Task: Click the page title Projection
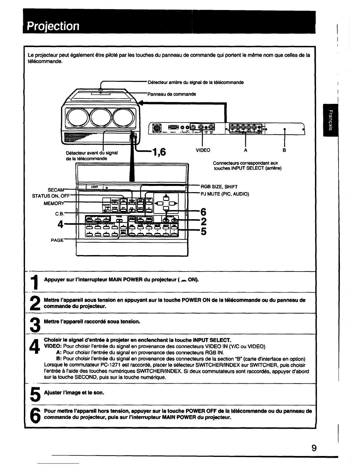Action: click(53, 26)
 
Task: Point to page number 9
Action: click(314, 448)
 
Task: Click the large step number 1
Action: click(35, 282)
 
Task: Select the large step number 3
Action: click(35, 324)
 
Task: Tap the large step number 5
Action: click(35, 394)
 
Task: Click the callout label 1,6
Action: click(158, 152)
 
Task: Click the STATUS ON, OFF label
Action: click(50, 196)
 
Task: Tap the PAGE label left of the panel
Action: click(57, 240)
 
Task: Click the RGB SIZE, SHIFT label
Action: click(219, 187)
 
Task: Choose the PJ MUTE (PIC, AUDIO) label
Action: click(225, 194)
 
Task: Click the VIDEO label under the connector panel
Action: click(203, 150)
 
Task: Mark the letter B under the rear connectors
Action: click(284, 150)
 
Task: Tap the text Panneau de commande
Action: click(171, 94)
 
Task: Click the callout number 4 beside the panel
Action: click(60, 224)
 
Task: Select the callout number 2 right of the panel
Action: click(204, 221)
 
